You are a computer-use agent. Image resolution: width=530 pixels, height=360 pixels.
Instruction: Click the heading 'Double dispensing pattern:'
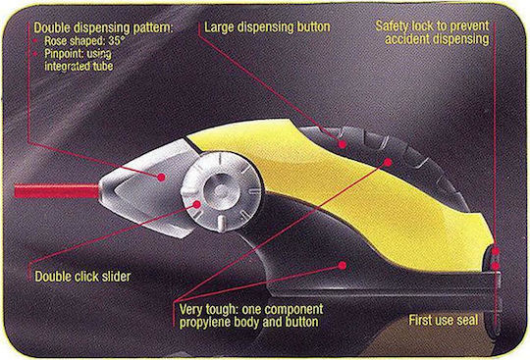click(x=103, y=27)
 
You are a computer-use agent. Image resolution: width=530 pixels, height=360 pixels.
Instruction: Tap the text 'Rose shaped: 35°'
click(x=84, y=41)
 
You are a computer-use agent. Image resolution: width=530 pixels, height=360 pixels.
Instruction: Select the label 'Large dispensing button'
click(x=267, y=27)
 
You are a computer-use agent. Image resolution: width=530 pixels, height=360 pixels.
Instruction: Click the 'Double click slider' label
click(x=82, y=277)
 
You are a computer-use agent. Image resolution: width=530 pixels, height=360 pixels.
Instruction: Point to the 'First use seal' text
click(x=444, y=320)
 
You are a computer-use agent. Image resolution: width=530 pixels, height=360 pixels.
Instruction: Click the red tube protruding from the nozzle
click(x=57, y=191)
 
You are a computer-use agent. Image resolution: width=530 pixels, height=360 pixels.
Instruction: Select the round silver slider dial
click(x=222, y=191)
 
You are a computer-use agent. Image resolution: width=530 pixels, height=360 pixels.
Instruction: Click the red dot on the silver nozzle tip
click(x=161, y=177)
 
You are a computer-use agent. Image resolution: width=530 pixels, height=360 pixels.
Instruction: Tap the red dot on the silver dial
click(x=197, y=204)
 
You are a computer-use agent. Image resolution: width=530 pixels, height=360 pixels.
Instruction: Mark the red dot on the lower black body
click(x=343, y=266)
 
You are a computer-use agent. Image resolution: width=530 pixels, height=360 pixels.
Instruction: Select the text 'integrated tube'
click(x=79, y=66)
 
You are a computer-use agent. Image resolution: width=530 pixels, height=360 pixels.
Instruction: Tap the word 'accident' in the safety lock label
click(x=407, y=39)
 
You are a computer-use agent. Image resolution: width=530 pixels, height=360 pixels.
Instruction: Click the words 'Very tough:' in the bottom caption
click(x=207, y=309)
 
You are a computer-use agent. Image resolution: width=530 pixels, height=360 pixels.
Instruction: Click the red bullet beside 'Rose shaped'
click(x=35, y=41)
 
